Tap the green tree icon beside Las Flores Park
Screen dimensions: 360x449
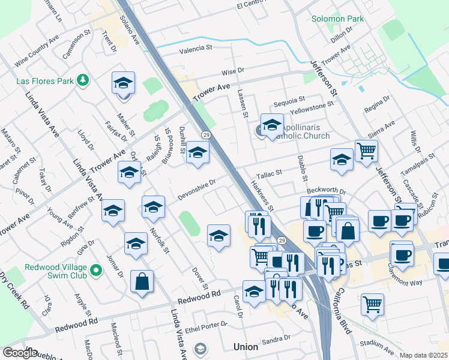84,80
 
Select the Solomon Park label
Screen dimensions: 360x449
337,19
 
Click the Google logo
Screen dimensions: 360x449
20,353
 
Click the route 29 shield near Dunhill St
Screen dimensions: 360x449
205,135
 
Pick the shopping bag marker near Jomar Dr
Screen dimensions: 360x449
142,282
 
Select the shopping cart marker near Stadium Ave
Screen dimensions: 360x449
372,304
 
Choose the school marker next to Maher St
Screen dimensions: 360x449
123,83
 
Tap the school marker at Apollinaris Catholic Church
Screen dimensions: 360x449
272,125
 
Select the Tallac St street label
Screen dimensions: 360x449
269,174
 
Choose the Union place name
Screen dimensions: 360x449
246,347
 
